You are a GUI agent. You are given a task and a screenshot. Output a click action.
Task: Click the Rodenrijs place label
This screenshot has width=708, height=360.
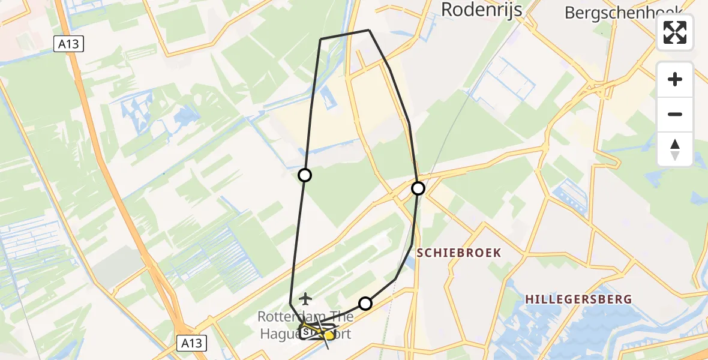[482, 9]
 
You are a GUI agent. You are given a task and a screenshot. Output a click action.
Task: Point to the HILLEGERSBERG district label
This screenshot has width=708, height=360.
[578, 299]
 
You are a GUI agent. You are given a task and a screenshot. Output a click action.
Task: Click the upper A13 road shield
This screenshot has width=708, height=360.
[68, 44]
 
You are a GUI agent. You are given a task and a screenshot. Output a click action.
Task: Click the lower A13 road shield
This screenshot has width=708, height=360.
[192, 343]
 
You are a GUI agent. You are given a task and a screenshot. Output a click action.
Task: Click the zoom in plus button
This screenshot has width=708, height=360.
[675, 79]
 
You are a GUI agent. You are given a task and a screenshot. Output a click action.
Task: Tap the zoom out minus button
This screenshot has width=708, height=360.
[675, 114]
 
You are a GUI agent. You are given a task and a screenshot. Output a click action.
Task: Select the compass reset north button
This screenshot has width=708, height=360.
[675, 149]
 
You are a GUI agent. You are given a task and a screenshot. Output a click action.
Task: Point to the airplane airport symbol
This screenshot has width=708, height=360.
[306, 298]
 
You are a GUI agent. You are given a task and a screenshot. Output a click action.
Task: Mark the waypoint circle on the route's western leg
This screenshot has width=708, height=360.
[305, 175]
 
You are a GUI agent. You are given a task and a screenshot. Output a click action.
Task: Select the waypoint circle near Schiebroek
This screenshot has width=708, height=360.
[418, 188]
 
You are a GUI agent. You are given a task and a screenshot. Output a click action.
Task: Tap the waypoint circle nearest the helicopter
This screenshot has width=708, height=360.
[365, 304]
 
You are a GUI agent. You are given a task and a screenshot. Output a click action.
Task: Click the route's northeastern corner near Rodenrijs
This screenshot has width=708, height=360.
[368, 30]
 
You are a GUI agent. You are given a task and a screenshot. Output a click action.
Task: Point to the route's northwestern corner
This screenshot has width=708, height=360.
[321, 39]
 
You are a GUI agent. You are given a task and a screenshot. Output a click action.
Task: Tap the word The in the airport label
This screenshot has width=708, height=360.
[340, 316]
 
